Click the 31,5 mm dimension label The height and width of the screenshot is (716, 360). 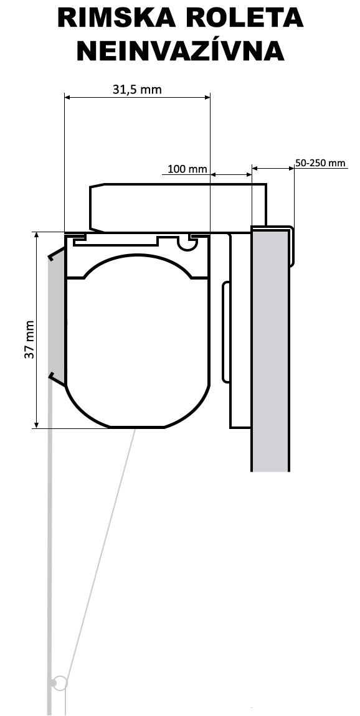pyautogui.click(x=137, y=90)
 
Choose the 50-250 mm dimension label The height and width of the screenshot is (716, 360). pyautogui.click(x=320, y=163)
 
